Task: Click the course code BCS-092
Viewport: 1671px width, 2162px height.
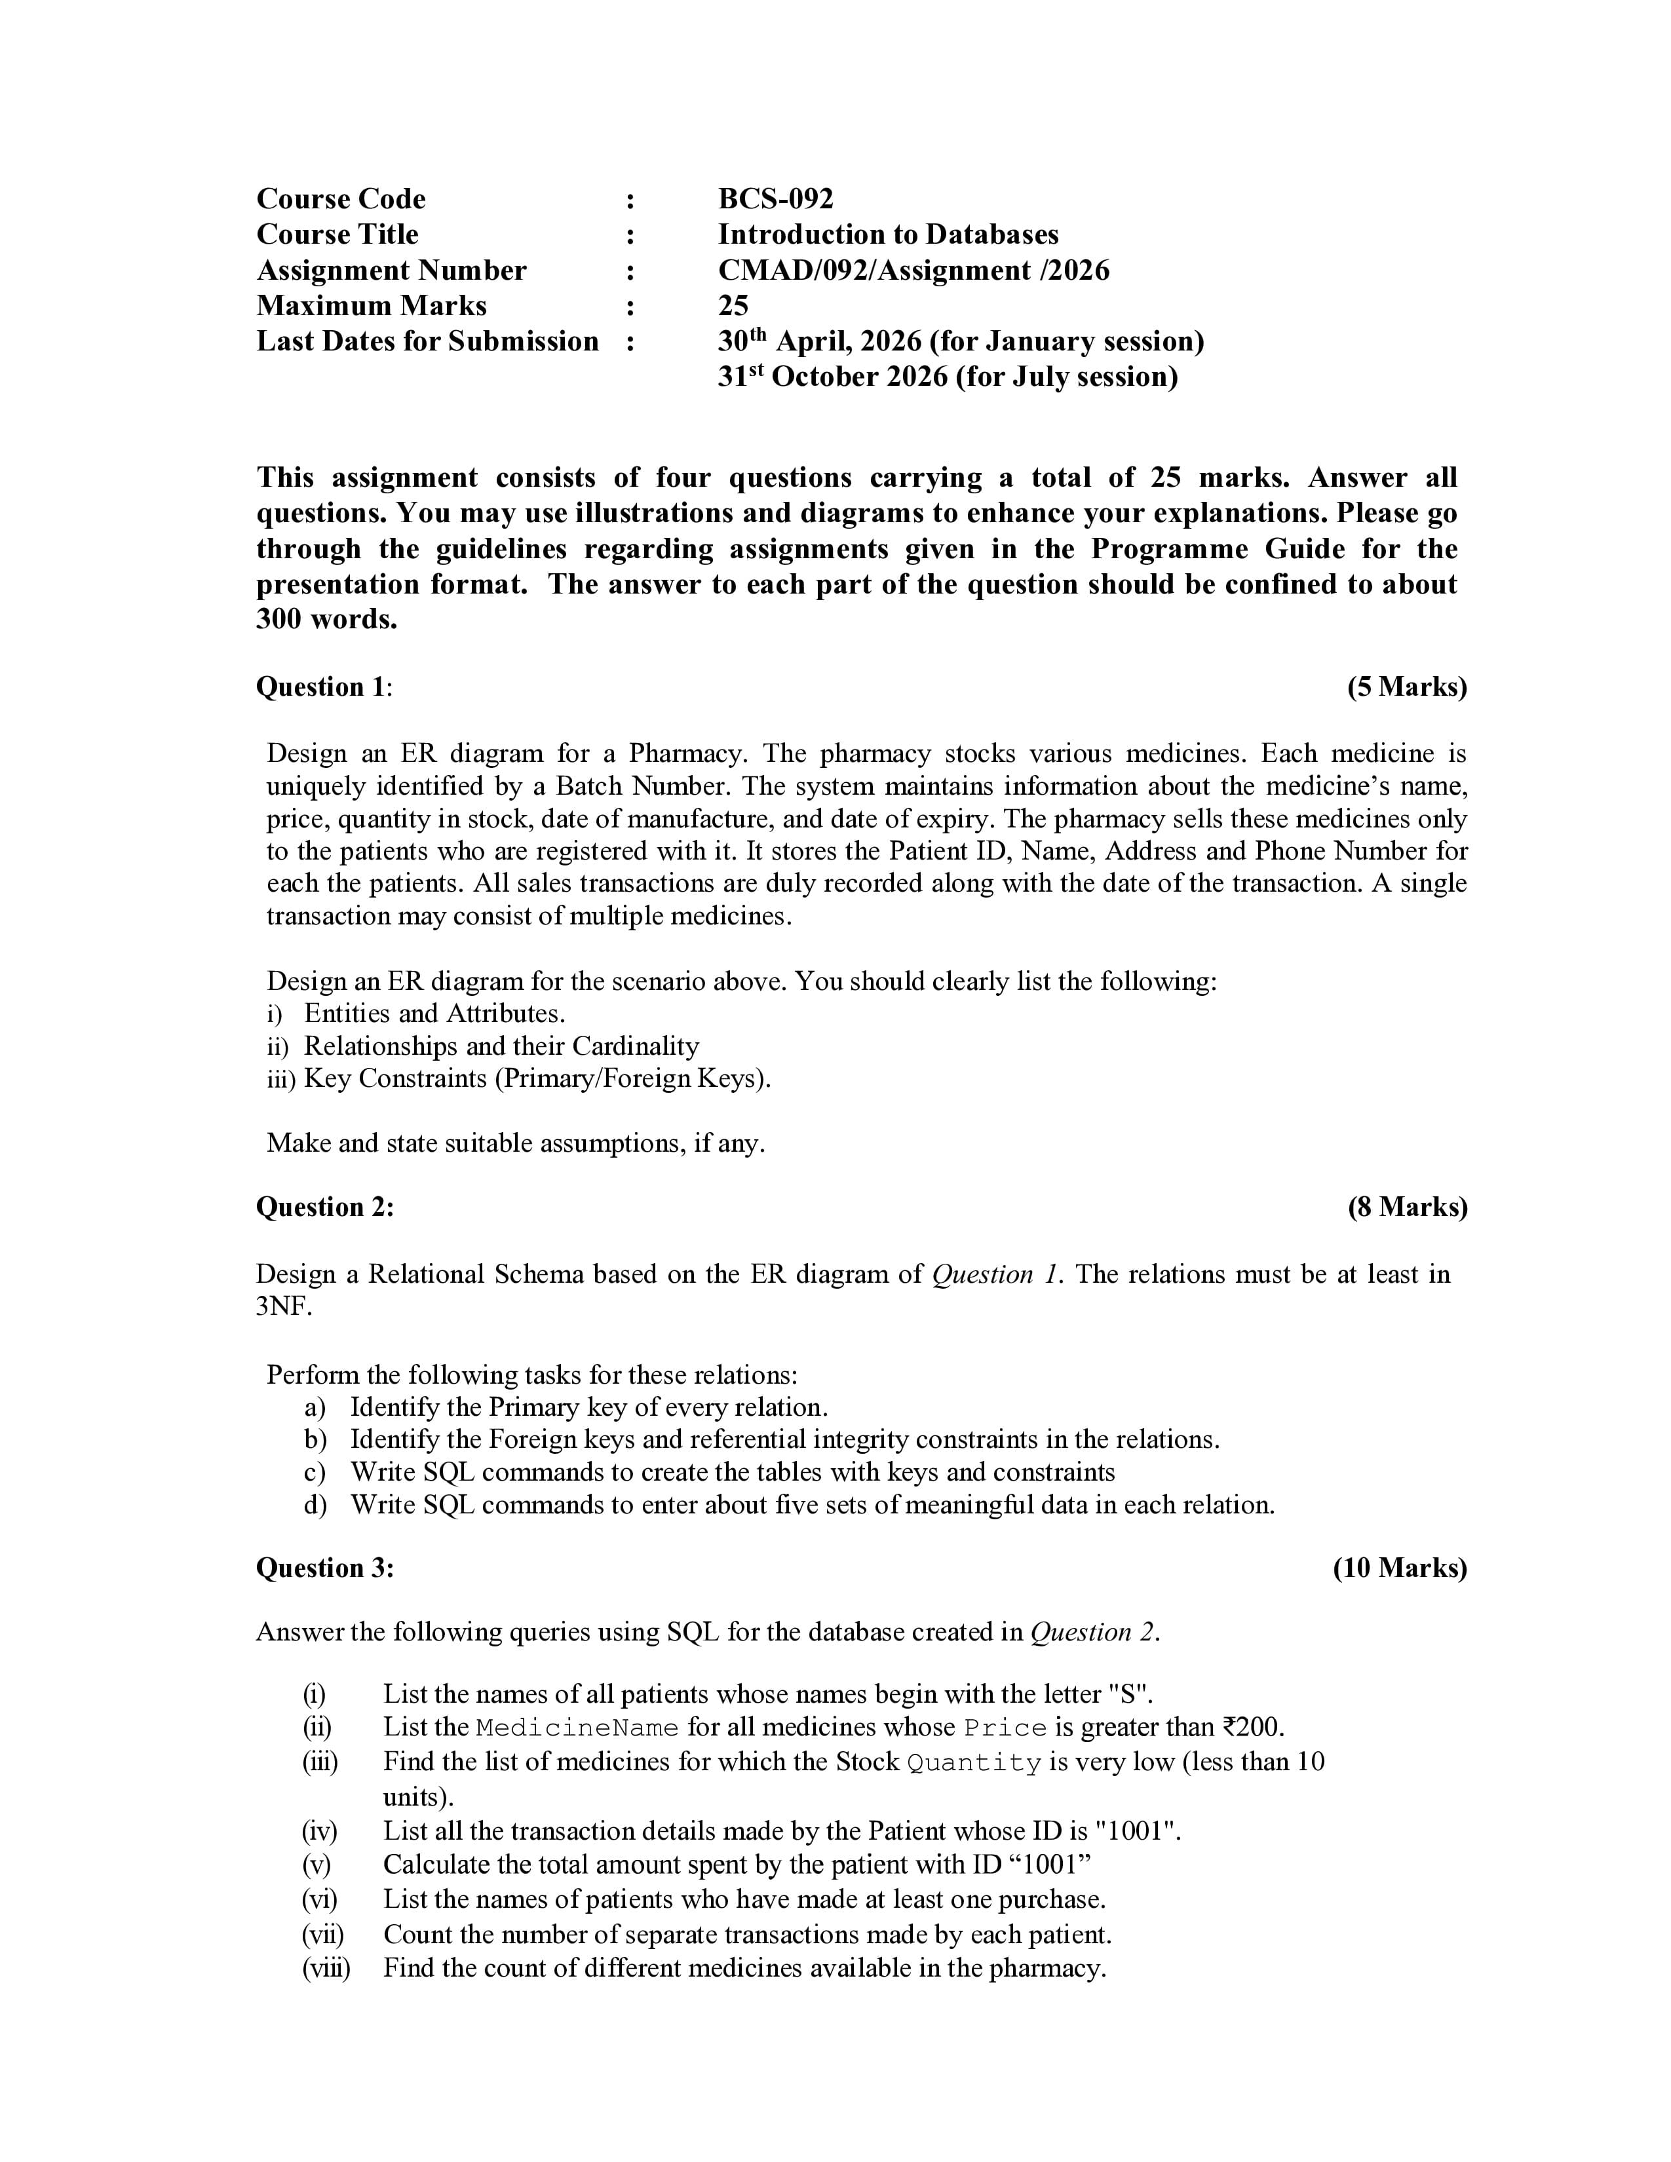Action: coord(775,199)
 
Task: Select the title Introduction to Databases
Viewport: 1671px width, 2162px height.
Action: coord(887,235)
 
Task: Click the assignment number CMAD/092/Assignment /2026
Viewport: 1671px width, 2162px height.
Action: coord(913,270)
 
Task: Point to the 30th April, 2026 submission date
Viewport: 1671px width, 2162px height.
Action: coord(960,341)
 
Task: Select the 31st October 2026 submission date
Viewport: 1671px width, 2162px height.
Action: coord(948,377)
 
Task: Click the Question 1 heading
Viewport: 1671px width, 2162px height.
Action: coord(324,687)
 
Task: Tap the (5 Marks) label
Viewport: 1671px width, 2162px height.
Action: coord(1406,687)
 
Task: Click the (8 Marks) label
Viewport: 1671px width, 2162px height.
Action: coord(1407,1207)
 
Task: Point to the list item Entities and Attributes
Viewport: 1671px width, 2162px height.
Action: coord(434,1014)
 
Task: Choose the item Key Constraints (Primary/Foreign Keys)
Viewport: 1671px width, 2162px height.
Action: coord(537,1078)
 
